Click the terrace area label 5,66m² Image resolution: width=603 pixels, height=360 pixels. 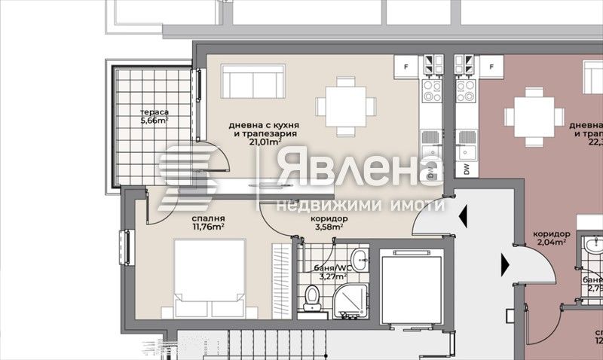pyautogui.click(x=154, y=119)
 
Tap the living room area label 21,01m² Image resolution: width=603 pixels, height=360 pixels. pyautogui.click(x=266, y=139)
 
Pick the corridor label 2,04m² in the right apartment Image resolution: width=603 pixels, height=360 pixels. pyautogui.click(x=550, y=243)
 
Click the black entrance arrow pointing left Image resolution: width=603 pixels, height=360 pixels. pyautogui.click(x=464, y=217)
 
